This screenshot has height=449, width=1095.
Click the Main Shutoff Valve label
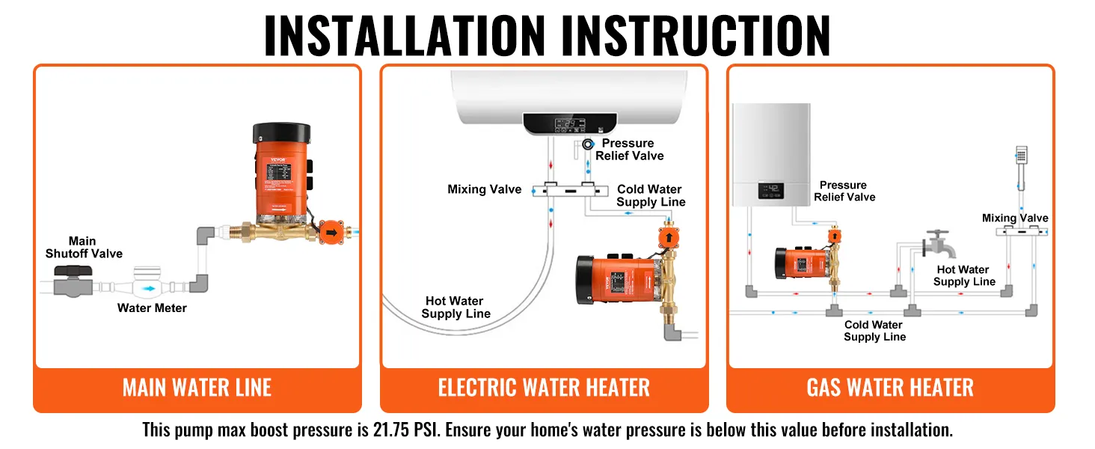83,248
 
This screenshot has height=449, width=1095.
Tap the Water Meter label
152,308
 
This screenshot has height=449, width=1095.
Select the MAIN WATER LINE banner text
197,388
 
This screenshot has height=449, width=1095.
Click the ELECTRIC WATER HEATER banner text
544,388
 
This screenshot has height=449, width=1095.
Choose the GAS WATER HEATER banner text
890,388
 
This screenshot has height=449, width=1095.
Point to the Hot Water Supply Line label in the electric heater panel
456,308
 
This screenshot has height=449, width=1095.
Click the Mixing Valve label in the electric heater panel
484,189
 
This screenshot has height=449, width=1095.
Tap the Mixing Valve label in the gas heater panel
1015,219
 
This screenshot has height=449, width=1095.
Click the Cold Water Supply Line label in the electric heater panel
651,196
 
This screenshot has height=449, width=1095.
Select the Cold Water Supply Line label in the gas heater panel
874,331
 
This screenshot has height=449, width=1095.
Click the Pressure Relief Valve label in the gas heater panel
844,191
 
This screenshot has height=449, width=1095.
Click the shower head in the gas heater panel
1022,155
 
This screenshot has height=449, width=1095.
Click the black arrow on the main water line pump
330,233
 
